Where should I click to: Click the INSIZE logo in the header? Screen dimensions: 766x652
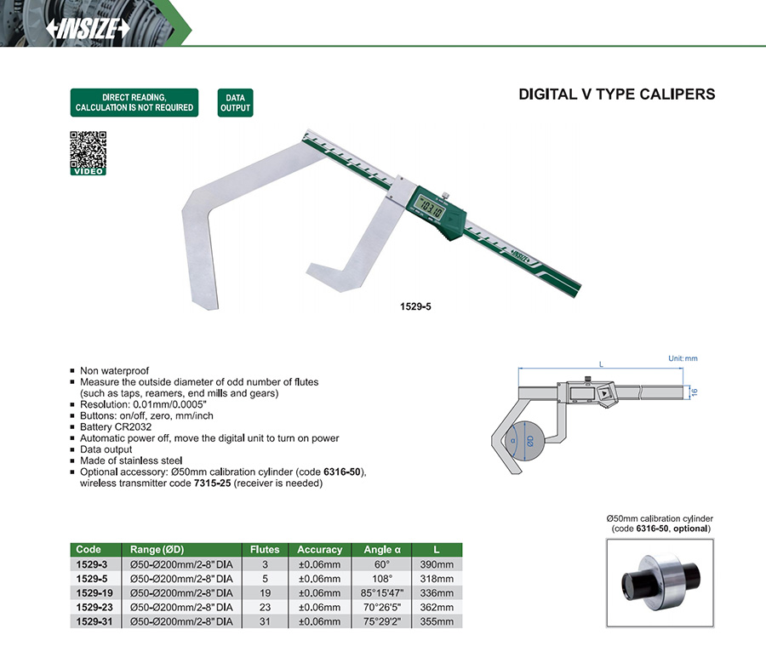88,28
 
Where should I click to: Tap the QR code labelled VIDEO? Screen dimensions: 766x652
88,153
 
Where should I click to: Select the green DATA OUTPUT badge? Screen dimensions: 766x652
235,102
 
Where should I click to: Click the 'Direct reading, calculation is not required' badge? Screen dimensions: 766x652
134,102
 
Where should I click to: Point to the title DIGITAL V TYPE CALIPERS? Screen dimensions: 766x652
616,94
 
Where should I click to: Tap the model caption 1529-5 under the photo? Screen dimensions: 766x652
415,306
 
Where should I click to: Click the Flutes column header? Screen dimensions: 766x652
265,550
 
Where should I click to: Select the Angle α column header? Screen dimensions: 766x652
382,550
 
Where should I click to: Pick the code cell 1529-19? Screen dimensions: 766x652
94,593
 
